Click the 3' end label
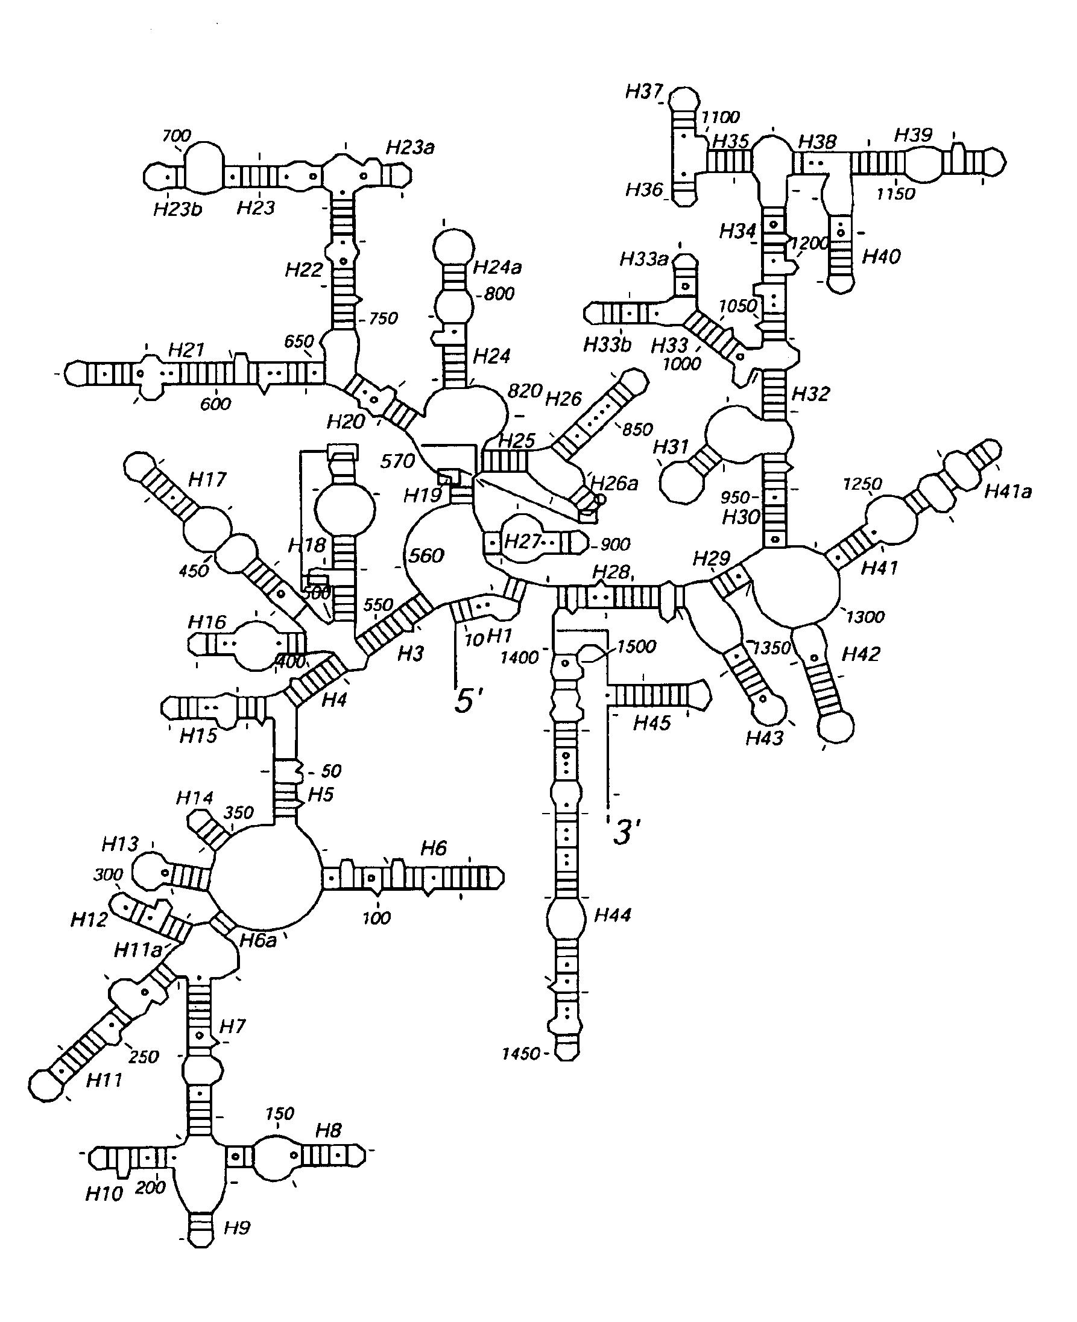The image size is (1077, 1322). click(626, 832)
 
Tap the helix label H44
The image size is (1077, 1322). click(612, 914)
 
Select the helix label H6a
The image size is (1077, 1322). click(257, 941)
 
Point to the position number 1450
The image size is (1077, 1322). click(520, 1054)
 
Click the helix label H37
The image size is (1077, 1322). click(644, 92)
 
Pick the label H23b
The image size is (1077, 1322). click(178, 209)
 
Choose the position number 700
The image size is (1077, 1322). click(176, 135)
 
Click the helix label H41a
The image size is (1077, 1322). click(1008, 492)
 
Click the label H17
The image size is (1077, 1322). click(207, 479)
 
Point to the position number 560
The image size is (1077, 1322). click(426, 555)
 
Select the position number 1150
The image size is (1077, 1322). click(895, 194)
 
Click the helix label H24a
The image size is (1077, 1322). click(497, 267)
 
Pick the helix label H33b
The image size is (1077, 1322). click(607, 345)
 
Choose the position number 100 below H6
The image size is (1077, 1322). click(376, 917)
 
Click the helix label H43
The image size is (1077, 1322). click(764, 738)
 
